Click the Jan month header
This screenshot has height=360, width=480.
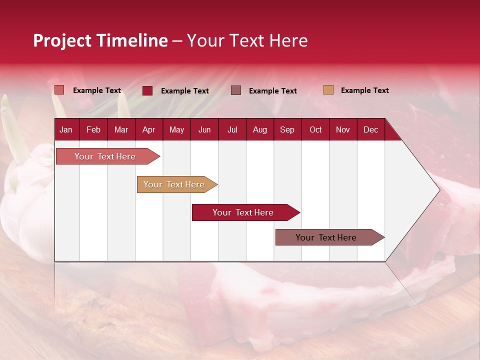(66, 129)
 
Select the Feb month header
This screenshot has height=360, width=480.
(93, 129)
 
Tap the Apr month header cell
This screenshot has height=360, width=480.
(148, 129)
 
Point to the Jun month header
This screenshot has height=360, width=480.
(204, 129)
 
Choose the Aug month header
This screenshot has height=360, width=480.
(259, 129)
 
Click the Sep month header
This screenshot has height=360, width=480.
(287, 129)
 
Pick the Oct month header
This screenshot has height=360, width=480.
(315, 129)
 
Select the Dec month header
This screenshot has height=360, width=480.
(370, 129)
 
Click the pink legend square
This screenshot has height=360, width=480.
(59, 90)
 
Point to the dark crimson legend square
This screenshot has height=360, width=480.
(147, 90)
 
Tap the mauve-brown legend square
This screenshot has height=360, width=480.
(236, 90)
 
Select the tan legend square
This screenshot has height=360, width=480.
(328, 90)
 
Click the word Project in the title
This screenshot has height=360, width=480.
(62, 40)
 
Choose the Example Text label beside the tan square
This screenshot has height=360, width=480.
(364, 90)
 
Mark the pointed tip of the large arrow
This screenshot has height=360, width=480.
(439, 190)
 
